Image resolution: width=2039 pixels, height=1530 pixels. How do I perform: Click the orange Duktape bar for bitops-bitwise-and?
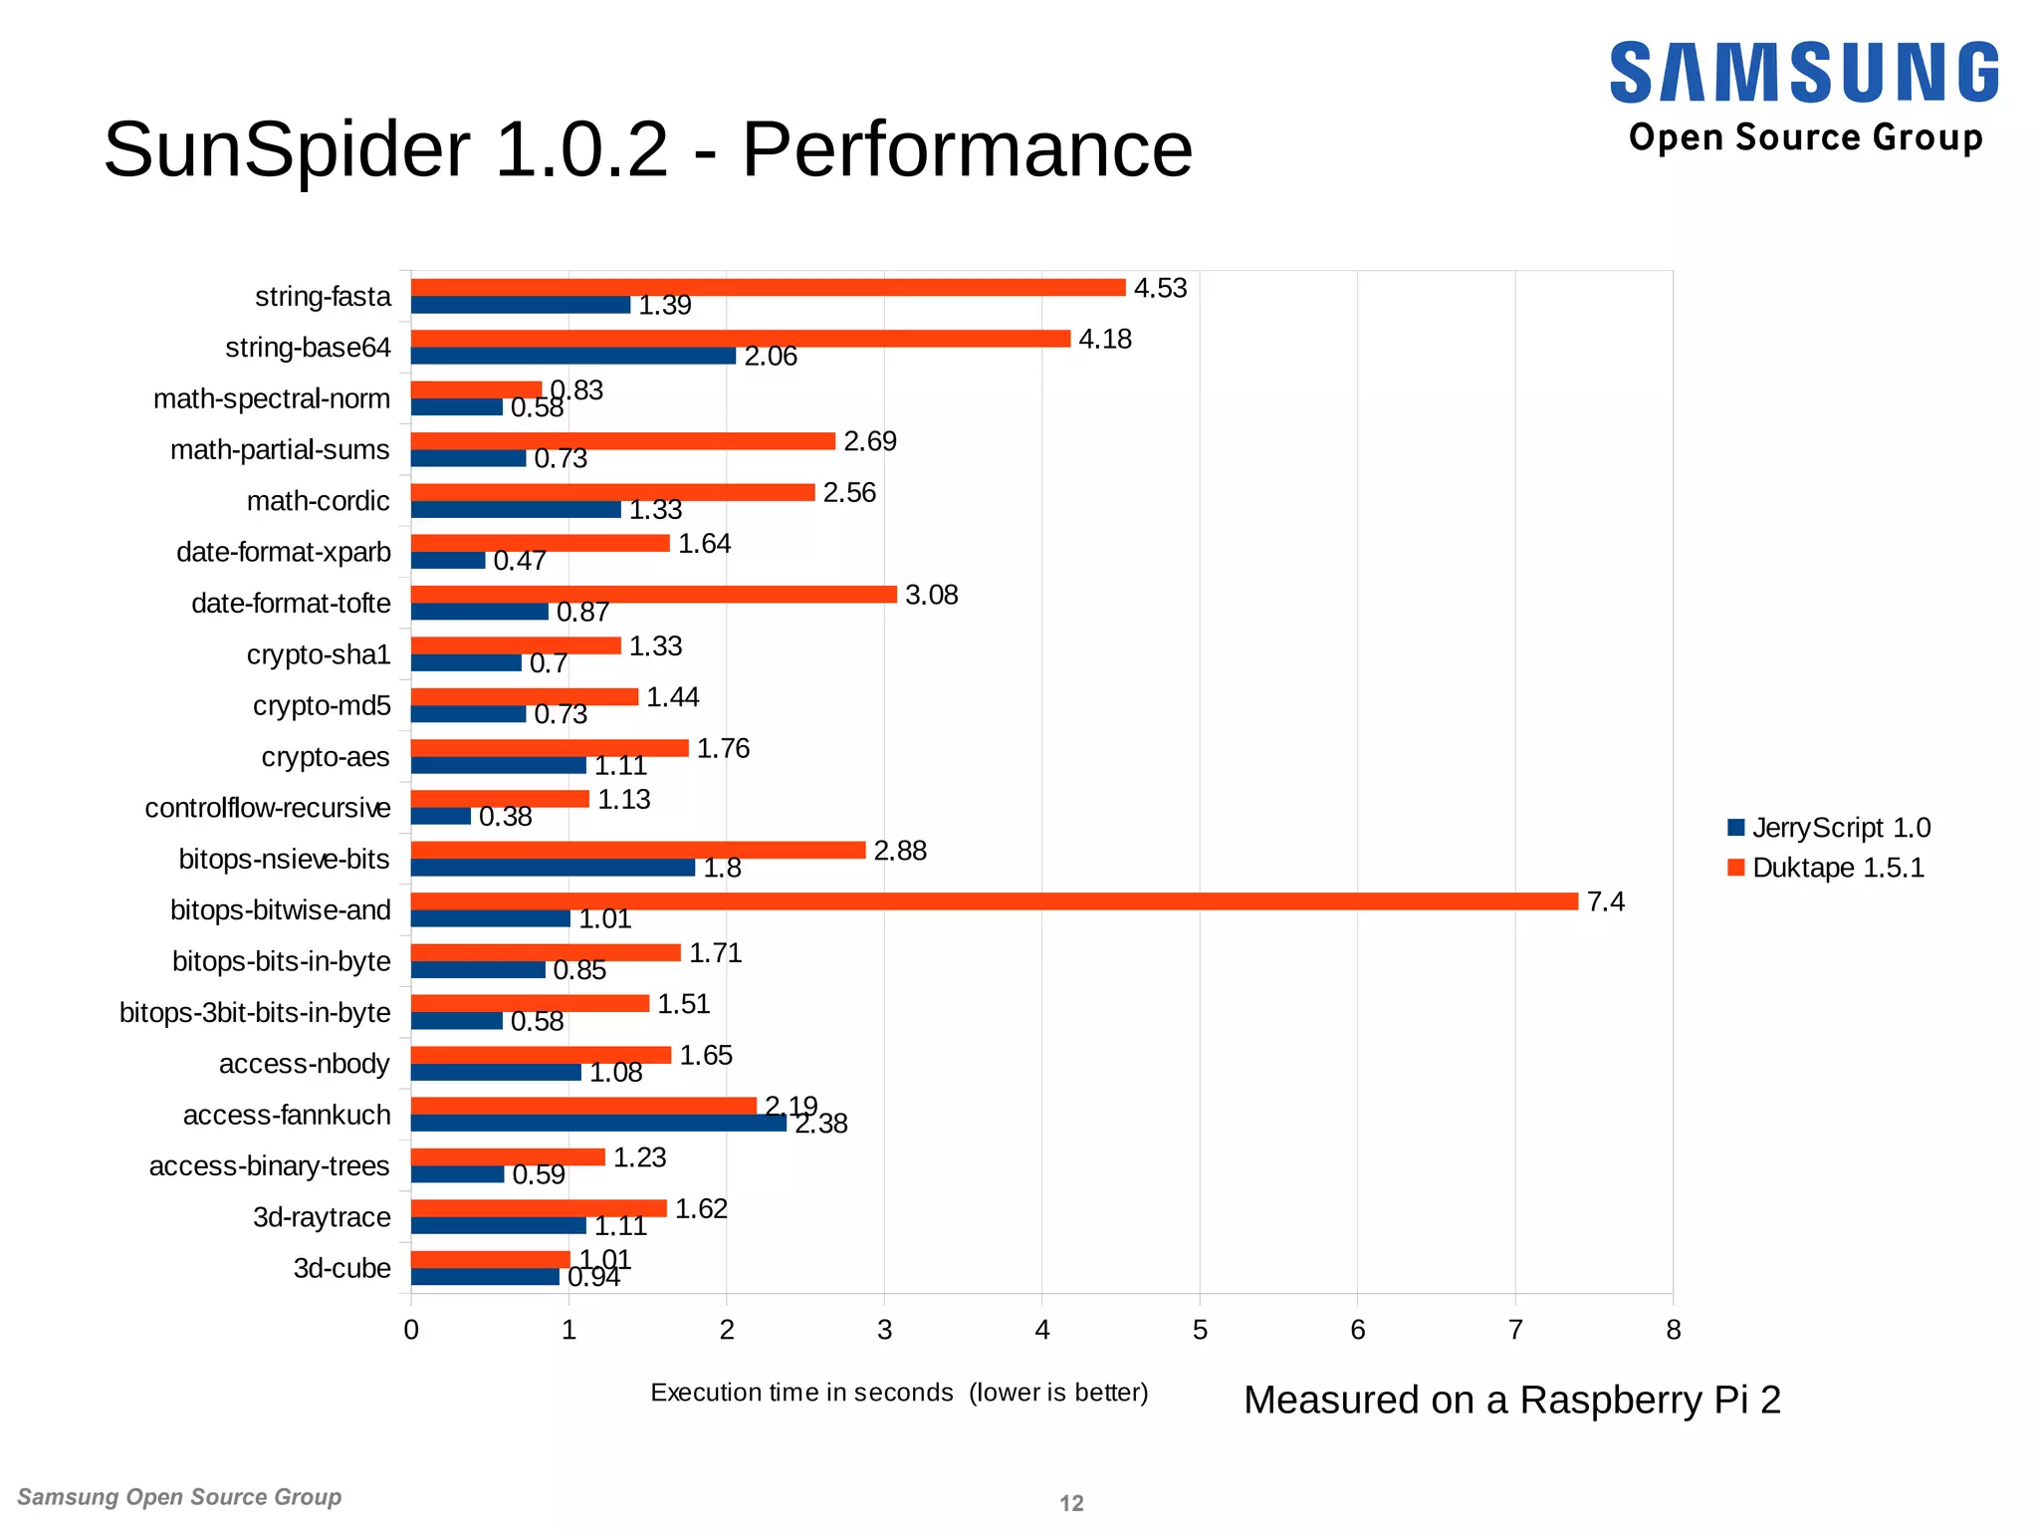(994, 901)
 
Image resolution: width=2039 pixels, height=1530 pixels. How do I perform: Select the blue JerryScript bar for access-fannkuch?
(597, 1123)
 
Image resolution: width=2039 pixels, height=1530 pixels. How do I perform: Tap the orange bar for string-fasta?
(767, 288)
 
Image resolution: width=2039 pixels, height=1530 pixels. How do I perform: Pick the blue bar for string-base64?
(572, 356)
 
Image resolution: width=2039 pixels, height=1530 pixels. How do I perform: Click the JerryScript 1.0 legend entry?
(1829, 828)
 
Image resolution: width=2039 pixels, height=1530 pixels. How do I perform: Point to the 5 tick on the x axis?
(1200, 1330)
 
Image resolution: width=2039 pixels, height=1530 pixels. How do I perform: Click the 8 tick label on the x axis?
(1673, 1330)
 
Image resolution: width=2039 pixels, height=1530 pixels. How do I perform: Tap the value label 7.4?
(1605, 901)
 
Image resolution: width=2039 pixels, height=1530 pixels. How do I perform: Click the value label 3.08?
(931, 595)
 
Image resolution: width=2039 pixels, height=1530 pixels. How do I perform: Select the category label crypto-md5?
(322, 705)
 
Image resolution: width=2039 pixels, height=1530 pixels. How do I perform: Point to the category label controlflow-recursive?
(268, 808)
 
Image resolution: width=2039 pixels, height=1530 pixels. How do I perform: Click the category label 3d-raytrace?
(322, 1217)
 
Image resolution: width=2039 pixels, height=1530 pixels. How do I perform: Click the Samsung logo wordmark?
(1803, 73)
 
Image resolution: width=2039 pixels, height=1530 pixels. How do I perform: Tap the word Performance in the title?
(967, 149)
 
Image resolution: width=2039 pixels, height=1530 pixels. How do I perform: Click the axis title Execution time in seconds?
(801, 1393)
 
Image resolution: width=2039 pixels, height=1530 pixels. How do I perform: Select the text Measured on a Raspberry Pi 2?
(1511, 1400)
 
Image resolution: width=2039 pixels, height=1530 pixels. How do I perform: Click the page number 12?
(1071, 1503)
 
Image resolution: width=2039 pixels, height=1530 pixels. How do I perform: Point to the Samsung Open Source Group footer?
(179, 1497)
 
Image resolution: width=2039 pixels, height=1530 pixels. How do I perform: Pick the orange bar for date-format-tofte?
(653, 595)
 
